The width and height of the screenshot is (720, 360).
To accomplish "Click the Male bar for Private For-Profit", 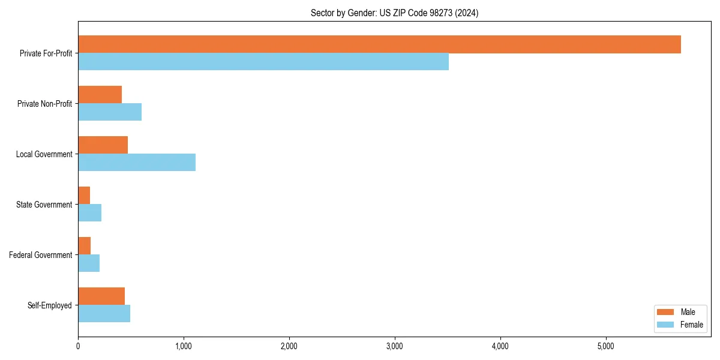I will point(379,44).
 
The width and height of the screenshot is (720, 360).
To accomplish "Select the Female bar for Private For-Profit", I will point(263,62).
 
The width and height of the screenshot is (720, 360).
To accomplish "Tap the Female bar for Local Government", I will point(137,163).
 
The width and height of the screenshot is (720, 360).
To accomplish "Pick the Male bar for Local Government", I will point(103,145).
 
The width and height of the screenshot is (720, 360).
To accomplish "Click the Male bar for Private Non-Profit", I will point(100,95).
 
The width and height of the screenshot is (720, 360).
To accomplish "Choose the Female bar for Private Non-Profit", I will point(110,112).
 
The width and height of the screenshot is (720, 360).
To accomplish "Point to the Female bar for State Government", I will point(89,213).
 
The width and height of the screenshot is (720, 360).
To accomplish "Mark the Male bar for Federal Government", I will point(84,246).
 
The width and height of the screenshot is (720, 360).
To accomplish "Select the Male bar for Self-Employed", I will point(101,296).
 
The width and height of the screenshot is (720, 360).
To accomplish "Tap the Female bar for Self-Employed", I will point(104,314).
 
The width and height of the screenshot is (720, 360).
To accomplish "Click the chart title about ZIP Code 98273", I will point(394,13).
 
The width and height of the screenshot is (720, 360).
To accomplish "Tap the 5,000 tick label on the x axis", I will point(606,346).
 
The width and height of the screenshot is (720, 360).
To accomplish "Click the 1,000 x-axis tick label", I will point(184,346).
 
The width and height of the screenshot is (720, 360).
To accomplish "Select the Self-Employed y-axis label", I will point(50,305).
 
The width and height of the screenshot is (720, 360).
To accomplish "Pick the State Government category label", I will point(44,205).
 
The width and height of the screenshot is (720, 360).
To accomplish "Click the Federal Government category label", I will point(41,255).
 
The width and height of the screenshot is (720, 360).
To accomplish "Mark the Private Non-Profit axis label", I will point(44,104).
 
